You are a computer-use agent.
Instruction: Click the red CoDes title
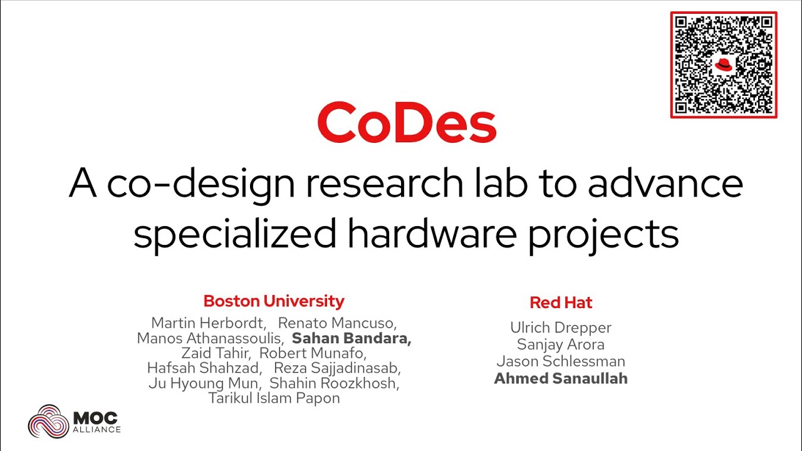pos(407,123)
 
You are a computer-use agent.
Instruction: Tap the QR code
pos(724,65)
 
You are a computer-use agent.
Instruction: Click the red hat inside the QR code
pos(724,65)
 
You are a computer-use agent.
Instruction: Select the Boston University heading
pos(274,301)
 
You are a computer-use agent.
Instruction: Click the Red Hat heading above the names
pos(561,303)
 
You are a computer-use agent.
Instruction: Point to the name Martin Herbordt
pos(209,323)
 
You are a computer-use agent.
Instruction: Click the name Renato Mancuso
pos(337,323)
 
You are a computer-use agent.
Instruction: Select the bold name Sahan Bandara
pos(352,339)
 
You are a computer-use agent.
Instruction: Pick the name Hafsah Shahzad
pos(203,368)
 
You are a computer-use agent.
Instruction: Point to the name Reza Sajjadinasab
pos(337,368)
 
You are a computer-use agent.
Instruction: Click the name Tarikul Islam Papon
pos(274,398)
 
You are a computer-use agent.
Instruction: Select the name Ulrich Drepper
pos(561,328)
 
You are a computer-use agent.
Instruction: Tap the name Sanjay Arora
pos(561,345)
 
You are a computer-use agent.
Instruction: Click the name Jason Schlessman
pos(561,361)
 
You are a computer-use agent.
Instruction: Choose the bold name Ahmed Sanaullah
pos(561,378)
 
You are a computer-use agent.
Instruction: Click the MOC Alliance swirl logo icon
pos(48,421)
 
